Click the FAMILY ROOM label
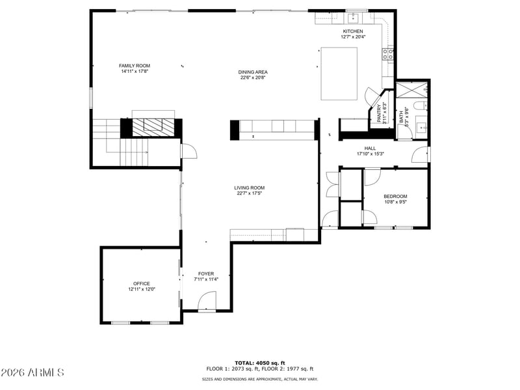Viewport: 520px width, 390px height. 135,66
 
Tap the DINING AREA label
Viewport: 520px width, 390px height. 253,72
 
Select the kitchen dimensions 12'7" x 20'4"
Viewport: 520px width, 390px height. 353,37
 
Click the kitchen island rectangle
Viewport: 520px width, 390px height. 339,74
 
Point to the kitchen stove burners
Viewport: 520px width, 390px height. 388,54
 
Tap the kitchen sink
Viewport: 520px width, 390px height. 353,16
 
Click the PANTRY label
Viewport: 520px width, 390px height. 379,113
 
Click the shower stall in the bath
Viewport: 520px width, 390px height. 412,89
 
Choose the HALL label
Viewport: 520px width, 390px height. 370,148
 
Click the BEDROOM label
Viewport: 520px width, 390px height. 395,197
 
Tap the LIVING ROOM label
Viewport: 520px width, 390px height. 250,188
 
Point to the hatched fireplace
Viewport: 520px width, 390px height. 153,128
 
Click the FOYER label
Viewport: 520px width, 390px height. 206,273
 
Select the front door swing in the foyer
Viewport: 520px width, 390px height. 207,301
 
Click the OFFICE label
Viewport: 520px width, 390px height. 142,284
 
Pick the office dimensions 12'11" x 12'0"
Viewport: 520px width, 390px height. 142,289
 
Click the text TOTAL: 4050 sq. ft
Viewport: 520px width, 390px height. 260,363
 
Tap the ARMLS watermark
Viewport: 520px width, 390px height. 32,372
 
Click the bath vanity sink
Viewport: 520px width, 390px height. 421,126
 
